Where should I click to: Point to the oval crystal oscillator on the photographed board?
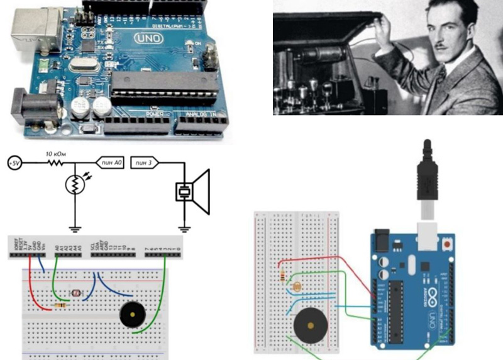82,64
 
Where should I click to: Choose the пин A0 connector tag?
111,163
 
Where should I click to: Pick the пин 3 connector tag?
145,163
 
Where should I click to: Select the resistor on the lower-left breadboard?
61,305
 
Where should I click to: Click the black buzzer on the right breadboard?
310,325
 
